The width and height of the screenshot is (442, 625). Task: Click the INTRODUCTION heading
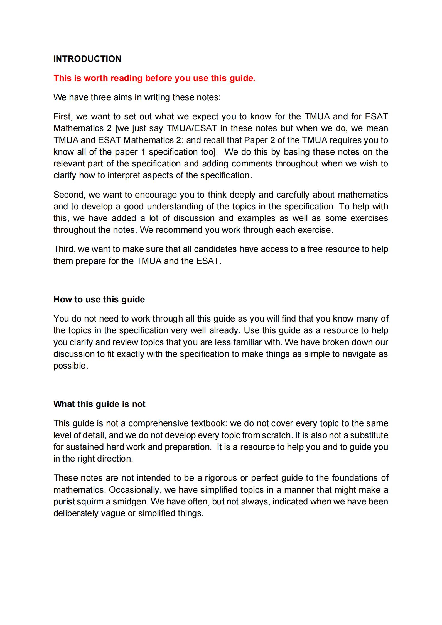click(x=87, y=59)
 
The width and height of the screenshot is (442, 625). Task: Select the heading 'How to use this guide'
click(x=99, y=300)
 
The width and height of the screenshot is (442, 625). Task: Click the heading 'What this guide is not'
click(x=99, y=404)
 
